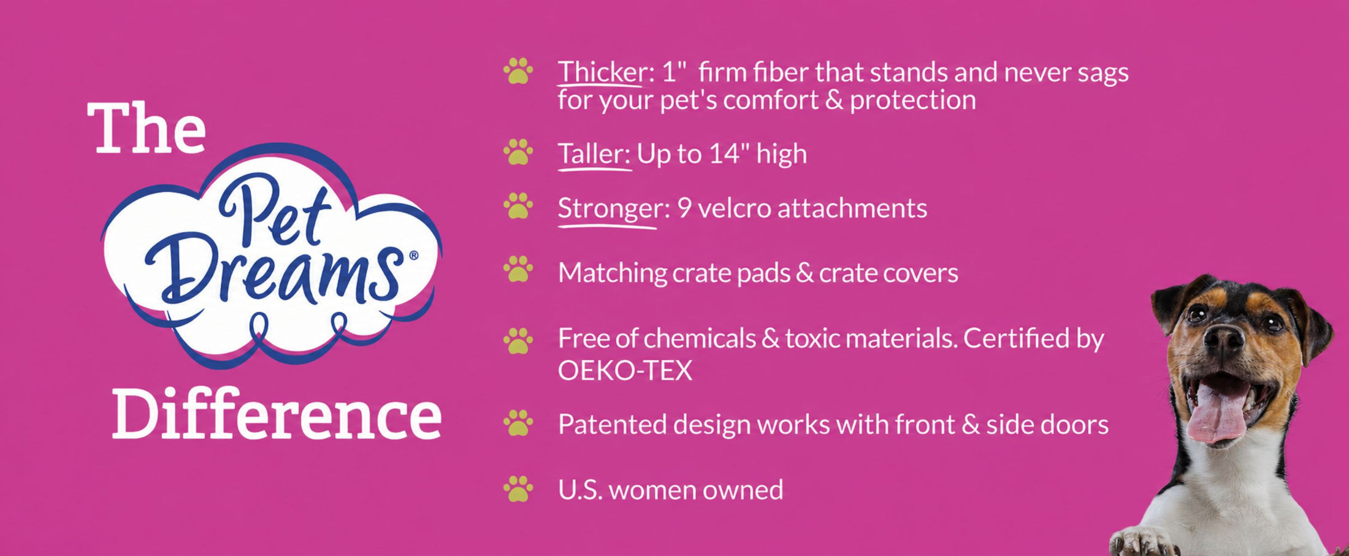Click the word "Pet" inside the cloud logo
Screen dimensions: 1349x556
tap(274, 211)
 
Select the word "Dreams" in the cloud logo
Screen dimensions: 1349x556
tap(274, 272)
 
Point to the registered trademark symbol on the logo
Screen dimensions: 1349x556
tap(413, 255)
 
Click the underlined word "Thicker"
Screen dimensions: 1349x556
tap(602, 72)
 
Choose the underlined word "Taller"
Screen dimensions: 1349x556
tap(594, 153)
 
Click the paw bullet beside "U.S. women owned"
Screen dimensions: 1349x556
tap(518, 489)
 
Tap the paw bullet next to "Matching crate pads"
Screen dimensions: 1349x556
tap(518, 269)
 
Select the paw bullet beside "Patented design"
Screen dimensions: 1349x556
tap(518, 423)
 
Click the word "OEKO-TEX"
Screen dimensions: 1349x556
tap(625, 371)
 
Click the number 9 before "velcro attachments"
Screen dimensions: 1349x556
tap(684, 208)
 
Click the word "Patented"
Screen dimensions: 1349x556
tap(612, 424)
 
